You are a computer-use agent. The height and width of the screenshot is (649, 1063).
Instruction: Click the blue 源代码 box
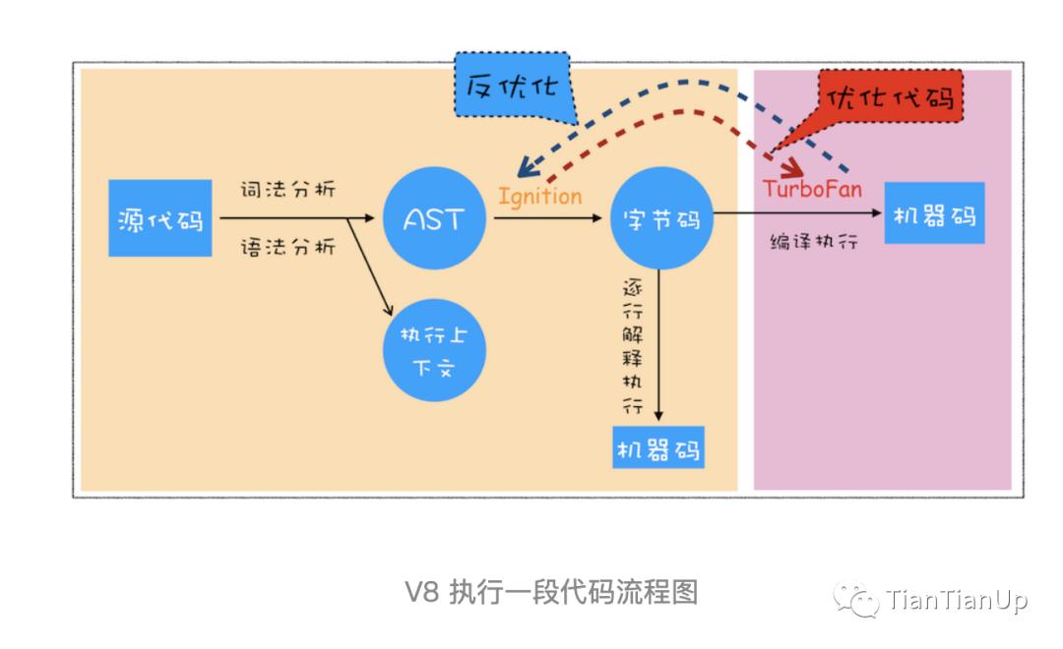click(159, 218)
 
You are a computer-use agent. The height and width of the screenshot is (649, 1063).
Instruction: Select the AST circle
click(433, 218)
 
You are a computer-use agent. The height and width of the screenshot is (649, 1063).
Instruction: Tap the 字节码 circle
click(661, 218)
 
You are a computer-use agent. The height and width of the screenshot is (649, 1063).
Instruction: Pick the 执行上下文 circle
click(434, 350)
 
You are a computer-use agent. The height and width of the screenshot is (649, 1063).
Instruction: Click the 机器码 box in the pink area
click(934, 213)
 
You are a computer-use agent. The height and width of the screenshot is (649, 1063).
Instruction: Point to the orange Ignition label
click(539, 196)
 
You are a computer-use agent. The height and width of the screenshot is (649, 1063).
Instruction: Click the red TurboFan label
click(812, 189)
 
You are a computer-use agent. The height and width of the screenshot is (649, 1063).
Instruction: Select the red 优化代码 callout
click(891, 98)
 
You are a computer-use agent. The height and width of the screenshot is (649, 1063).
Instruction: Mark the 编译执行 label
click(813, 240)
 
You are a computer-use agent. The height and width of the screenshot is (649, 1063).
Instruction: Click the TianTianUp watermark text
click(956, 599)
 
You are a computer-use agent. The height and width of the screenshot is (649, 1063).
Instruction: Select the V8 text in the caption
click(420, 593)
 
